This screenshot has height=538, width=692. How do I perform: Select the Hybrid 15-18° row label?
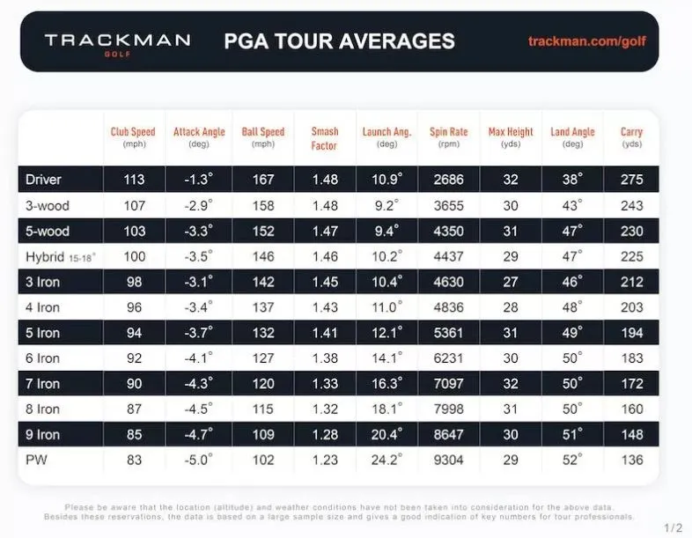point(57,257)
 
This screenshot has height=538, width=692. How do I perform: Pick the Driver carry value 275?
point(631,179)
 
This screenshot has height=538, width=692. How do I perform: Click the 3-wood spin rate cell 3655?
point(448,204)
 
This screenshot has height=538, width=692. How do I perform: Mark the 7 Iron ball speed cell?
point(262,384)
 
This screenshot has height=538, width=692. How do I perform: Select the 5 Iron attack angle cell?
point(197,333)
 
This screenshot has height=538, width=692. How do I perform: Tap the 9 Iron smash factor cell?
point(324,434)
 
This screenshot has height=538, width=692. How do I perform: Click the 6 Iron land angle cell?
point(572,358)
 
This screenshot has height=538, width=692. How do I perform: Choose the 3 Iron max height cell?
point(511,282)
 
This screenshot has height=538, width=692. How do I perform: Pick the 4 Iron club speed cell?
point(133,307)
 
